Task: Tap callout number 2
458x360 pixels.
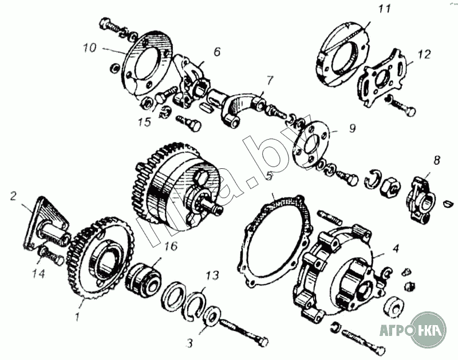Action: (12, 196)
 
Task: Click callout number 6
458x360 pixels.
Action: (217, 51)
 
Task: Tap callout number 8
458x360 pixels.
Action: (436, 161)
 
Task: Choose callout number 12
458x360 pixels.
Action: (424, 55)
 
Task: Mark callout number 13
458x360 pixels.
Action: (212, 276)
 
